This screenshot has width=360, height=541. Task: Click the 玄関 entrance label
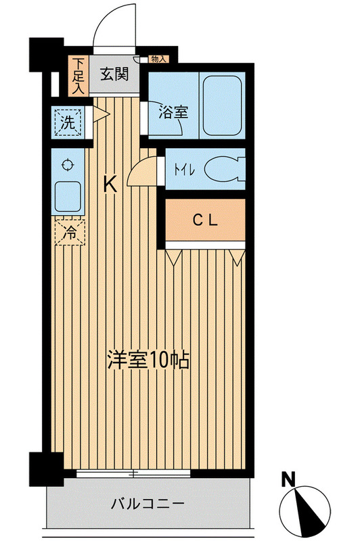pyautogui.click(x=115, y=75)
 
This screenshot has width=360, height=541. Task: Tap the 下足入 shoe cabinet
pyautogui.click(x=78, y=75)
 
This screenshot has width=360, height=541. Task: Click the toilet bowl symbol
pyautogui.click(x=224, y=169)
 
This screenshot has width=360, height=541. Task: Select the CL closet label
pyautogui.click(x=203, y=219)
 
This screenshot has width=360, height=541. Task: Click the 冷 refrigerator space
pyautogui.click(x=70, y=232)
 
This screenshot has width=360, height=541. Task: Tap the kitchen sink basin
pyautogui.click(x=67, y=197)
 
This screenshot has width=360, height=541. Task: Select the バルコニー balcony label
pyautogui.click(x=148, y=504)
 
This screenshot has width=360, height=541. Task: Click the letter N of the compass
pyautogui.click(x=289, y=481)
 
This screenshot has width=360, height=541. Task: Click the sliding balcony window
pyautogui.click(x=135, y=473)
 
